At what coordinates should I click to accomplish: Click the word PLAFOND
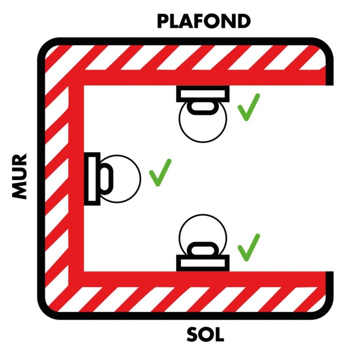(x=203, y=21)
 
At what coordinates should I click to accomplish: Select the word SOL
(x=205, y=334)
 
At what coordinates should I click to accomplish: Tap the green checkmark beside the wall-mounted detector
(x=159, y=172)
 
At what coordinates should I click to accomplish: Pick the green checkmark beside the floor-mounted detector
(x=248, y=247)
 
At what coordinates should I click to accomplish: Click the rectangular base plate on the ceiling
(x=202, y=93)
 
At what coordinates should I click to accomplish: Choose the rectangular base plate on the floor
(x=202, y=263)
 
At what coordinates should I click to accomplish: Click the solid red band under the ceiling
(x=200, y=77)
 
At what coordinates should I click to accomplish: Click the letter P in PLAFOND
(x=164, y=21)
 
